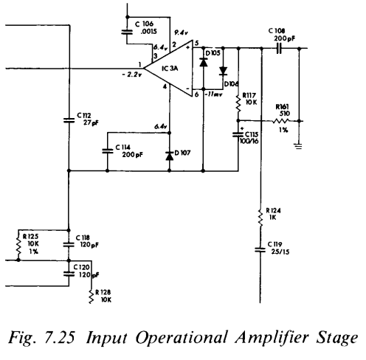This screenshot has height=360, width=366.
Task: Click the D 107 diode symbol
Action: pos(169,154)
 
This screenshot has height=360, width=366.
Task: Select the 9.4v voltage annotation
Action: pos(179,33)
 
